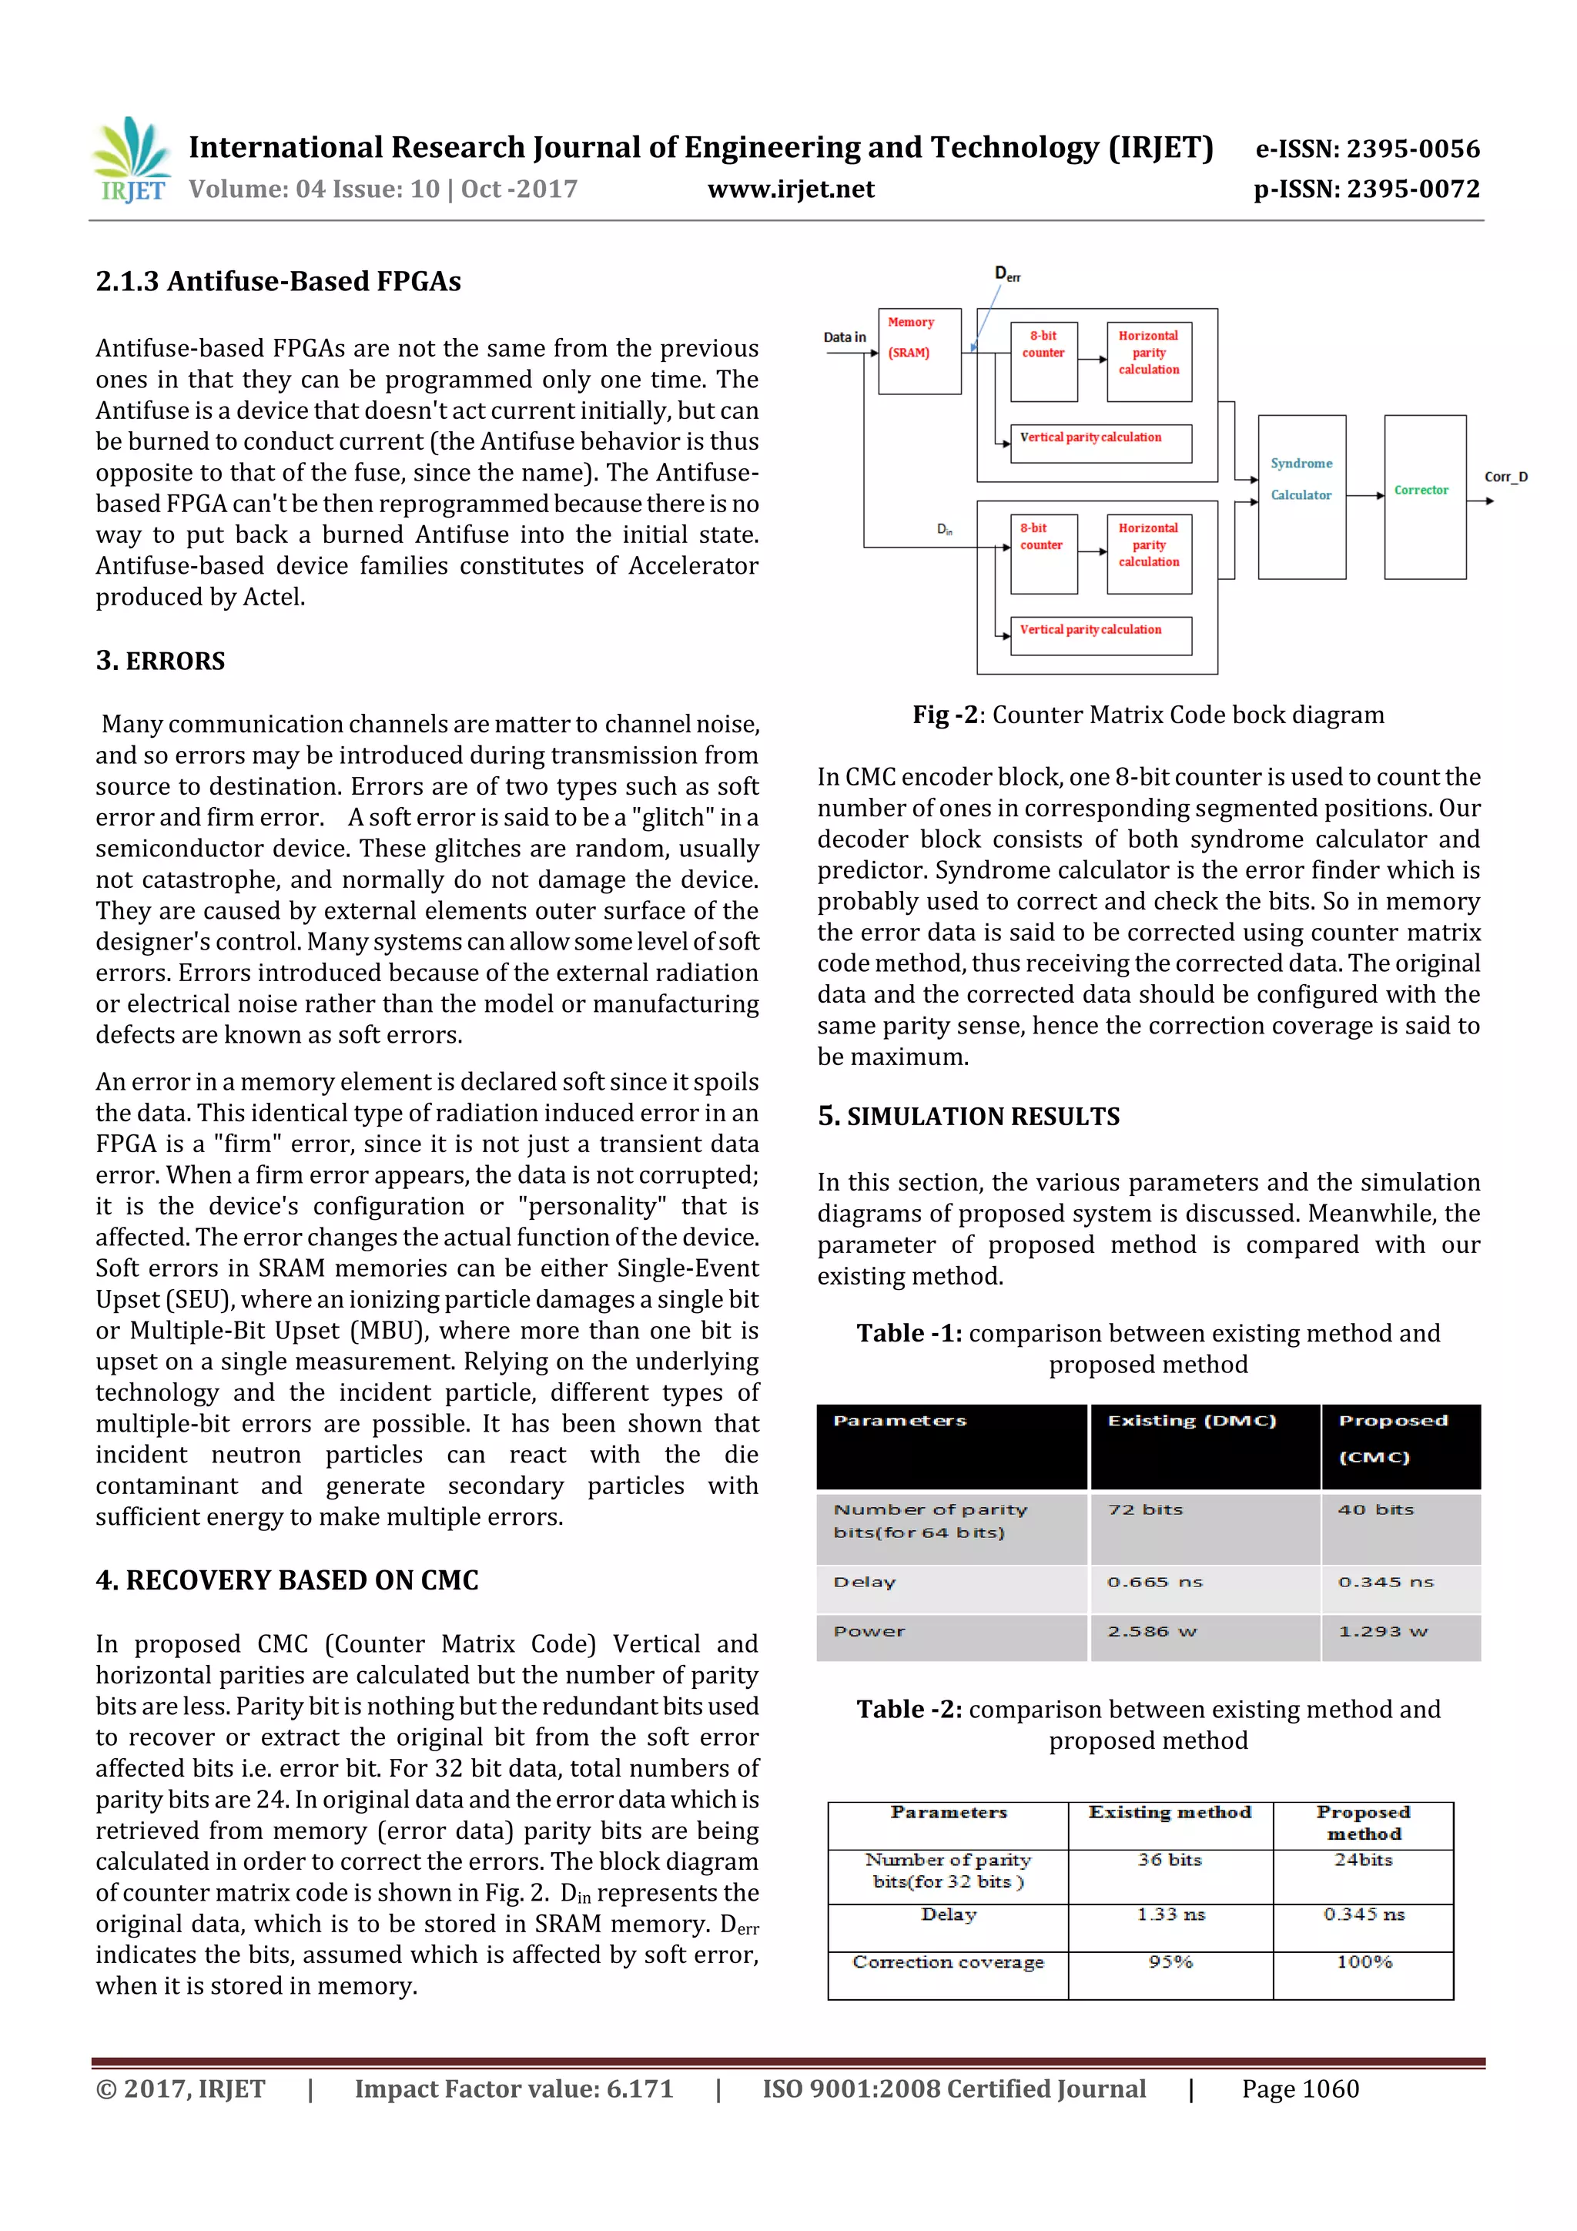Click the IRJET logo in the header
tap(130, 160)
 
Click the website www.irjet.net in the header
tap(790, 189)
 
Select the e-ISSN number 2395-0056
tap(1367, 149)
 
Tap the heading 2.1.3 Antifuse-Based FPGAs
tap(278, 282)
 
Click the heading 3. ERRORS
tap(160, 661)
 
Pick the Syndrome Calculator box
tap(1301, 497)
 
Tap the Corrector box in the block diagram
tap(1424, 497)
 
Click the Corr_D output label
tap(1505, 477)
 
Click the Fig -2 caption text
tap(1147, 715)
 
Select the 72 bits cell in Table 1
tap(1146, 1510)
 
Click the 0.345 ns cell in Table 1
tap(1385, 1582)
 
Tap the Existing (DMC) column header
tap(1191, 1421)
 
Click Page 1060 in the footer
tap(1299, 2089)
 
